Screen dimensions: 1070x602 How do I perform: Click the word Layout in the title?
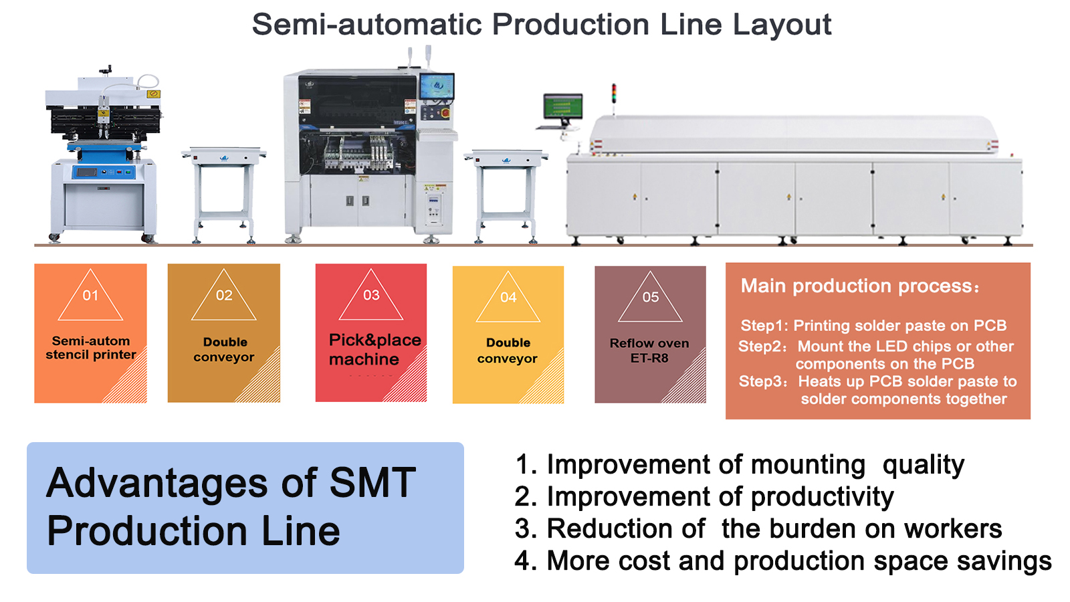[x=782, y=25]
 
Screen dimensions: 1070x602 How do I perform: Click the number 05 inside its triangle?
[x=650, y=297]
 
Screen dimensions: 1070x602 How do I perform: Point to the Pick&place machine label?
[x=375, y=349]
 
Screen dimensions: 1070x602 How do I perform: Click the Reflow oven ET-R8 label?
[x=649, y=350]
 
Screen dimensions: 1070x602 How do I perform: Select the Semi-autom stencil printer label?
[x=91, y=348]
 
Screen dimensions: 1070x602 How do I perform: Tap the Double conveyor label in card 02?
[x=224, y=350]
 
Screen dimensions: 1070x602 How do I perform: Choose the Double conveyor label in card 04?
[x=508, y=350]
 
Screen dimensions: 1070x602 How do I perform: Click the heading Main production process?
[x=859, y=286]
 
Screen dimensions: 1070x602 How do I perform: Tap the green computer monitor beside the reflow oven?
[x=562, y=106]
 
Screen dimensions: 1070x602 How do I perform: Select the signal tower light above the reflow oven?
[x=614, y=93]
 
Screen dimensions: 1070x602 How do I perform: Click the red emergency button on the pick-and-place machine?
[x=446, y=113]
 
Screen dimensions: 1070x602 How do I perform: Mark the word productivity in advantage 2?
[x=822, y=497]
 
